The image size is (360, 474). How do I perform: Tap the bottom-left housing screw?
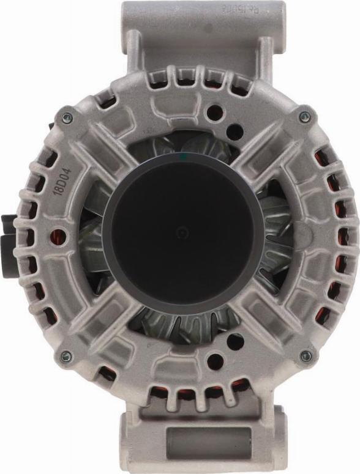pyautogui.click(x=66, y=355)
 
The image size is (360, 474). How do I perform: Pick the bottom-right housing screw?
pyautogui.click(x=306, y=355)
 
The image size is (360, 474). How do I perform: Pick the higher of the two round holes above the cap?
pyautogui.click(x=214, y=113)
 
